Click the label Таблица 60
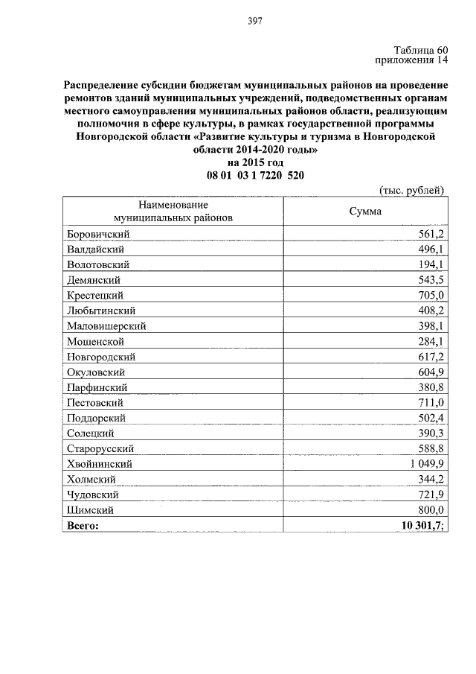[x=419, y=50]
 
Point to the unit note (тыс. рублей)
[x=411, y=190]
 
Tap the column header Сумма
[x=365, y=212]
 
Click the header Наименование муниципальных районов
[x=173, y=212]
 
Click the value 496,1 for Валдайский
[x=430, y=249]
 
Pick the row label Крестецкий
[x=97, y=295]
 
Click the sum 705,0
[x=430, y=295]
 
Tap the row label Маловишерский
[x=106, y=325]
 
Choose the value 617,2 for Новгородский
[x=430, y=357]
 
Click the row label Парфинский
[x=97, y=387]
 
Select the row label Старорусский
[x=100, y=448]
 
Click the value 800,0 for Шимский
[x=430, y=509]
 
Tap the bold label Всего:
[x=83, y=525]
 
